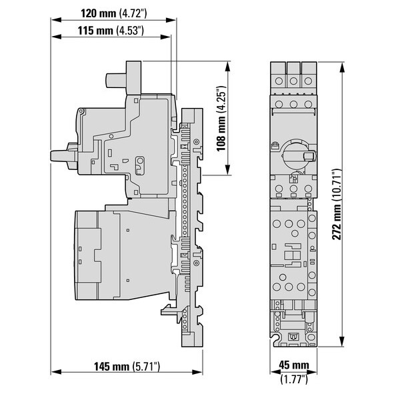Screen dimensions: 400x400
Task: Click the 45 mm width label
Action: [x=294, y=365]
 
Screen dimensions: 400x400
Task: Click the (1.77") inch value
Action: [x=294, y=379]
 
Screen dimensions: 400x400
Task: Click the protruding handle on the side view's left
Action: [x=64, y=156]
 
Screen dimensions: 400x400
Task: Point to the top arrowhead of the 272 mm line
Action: [x=343, y=67]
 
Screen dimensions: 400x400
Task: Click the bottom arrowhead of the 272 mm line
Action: [x=343, y=341]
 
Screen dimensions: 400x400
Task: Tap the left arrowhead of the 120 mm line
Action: [x=56, y=20]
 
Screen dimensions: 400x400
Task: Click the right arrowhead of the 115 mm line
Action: [x=165, y=37]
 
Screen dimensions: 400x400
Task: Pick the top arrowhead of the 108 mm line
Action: [x=227, y=67]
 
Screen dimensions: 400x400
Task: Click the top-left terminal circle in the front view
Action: [x=279, y=81]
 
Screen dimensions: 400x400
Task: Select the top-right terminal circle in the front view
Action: [x=309, y=81]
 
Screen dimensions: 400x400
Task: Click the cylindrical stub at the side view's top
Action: [x=116, y=80]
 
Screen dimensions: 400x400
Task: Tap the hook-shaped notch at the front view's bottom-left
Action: [x=275, y=339]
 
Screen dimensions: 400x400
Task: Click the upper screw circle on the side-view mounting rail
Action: [x=196, y=142]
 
